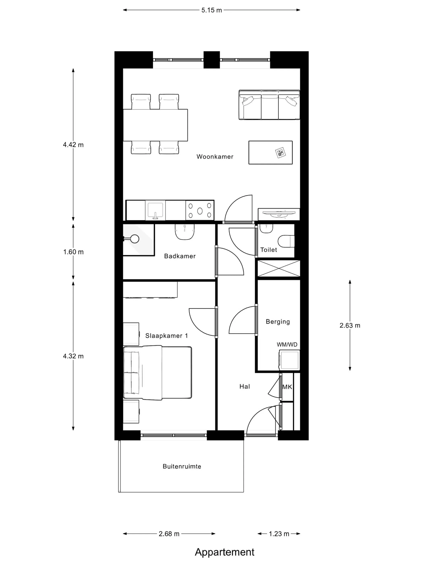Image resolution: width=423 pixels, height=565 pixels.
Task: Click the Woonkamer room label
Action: point(215,157)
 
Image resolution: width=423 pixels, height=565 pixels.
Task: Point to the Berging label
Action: point(278,322)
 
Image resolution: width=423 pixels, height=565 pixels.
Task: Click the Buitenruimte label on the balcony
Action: point(182,466)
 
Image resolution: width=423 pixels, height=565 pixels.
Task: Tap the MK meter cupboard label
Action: point(287,387)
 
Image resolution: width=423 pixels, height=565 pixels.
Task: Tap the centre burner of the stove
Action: point(200,211)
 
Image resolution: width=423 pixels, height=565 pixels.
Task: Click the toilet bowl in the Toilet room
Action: point(286,241)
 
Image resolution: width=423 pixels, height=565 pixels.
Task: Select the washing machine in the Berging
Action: point(289,360)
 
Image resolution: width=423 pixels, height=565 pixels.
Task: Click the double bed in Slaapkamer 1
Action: point(157,373)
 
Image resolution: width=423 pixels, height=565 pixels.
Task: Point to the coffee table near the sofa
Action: point(271,153)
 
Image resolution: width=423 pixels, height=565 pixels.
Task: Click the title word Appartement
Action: point(225,552)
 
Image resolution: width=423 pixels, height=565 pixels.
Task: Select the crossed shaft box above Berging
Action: point(279,268)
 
